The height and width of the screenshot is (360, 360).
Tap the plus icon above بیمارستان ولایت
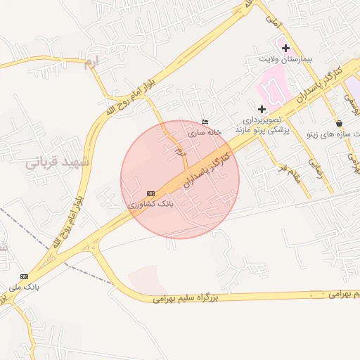[x=285, y=48]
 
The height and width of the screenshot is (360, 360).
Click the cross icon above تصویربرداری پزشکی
[x=262, y=109]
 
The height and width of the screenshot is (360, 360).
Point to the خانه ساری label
[x=205, y=131]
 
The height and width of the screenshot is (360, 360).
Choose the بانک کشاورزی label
[x=150, y=203]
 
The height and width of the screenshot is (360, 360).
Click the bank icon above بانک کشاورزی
[x=150, y=193]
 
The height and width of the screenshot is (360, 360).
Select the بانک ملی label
[x=25, y=287]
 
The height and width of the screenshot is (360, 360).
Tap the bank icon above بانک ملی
[x=25, y=276]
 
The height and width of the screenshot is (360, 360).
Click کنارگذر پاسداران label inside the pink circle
[x=207, y=166]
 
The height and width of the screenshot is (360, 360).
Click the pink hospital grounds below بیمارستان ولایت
[x=274, y=88]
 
